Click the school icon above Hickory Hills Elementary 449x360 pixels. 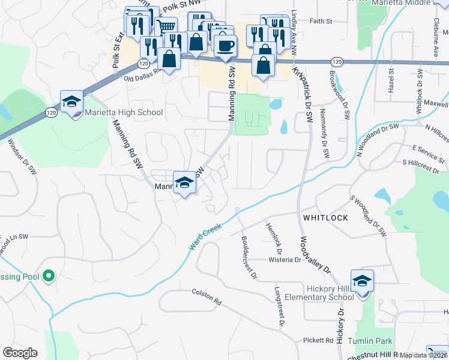click(362, 281)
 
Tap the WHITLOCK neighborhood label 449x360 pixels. click(325, 218)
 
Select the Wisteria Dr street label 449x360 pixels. click(285, 260)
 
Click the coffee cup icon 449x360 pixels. click(225, 46)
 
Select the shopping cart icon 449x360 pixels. click(166, 27)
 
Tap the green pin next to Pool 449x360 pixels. click(49, 277)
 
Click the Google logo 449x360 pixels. click(20, 353)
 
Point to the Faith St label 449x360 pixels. click(321, 21)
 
